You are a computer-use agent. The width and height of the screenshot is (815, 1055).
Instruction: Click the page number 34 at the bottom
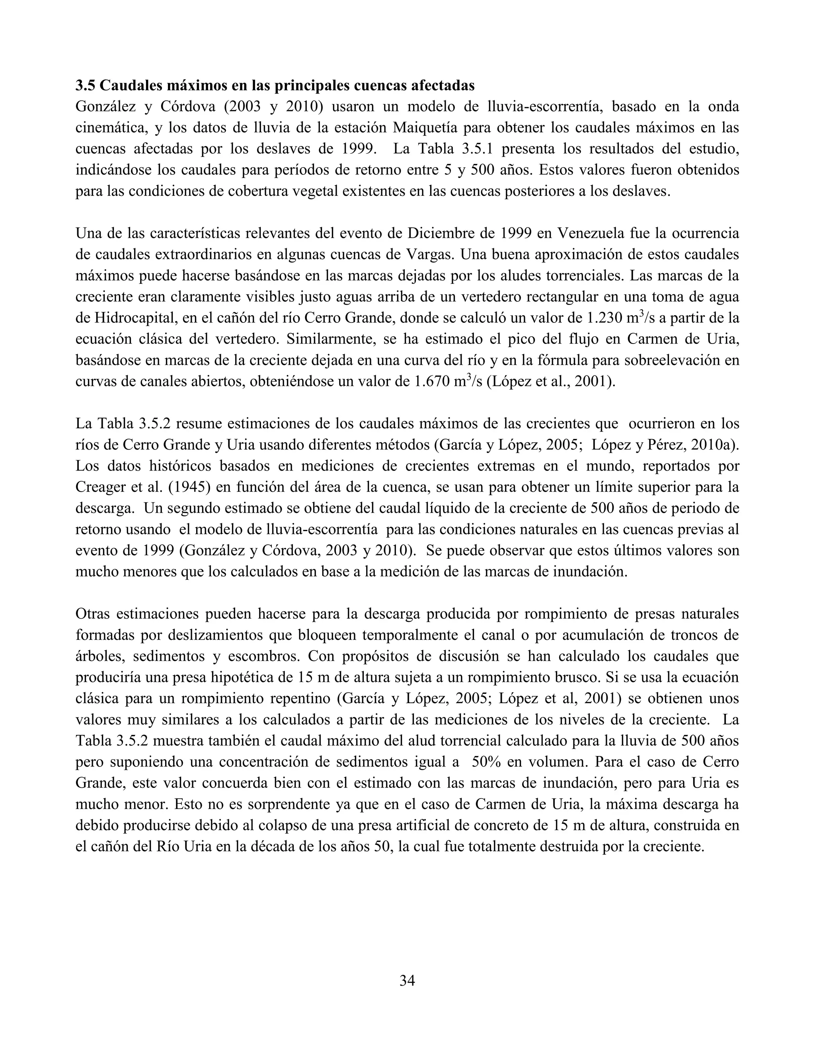point(407,980)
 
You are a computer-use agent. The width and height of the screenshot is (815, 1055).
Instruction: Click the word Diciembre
point(440,233)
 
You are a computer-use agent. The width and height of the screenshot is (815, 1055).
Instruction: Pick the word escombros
point(263,656)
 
